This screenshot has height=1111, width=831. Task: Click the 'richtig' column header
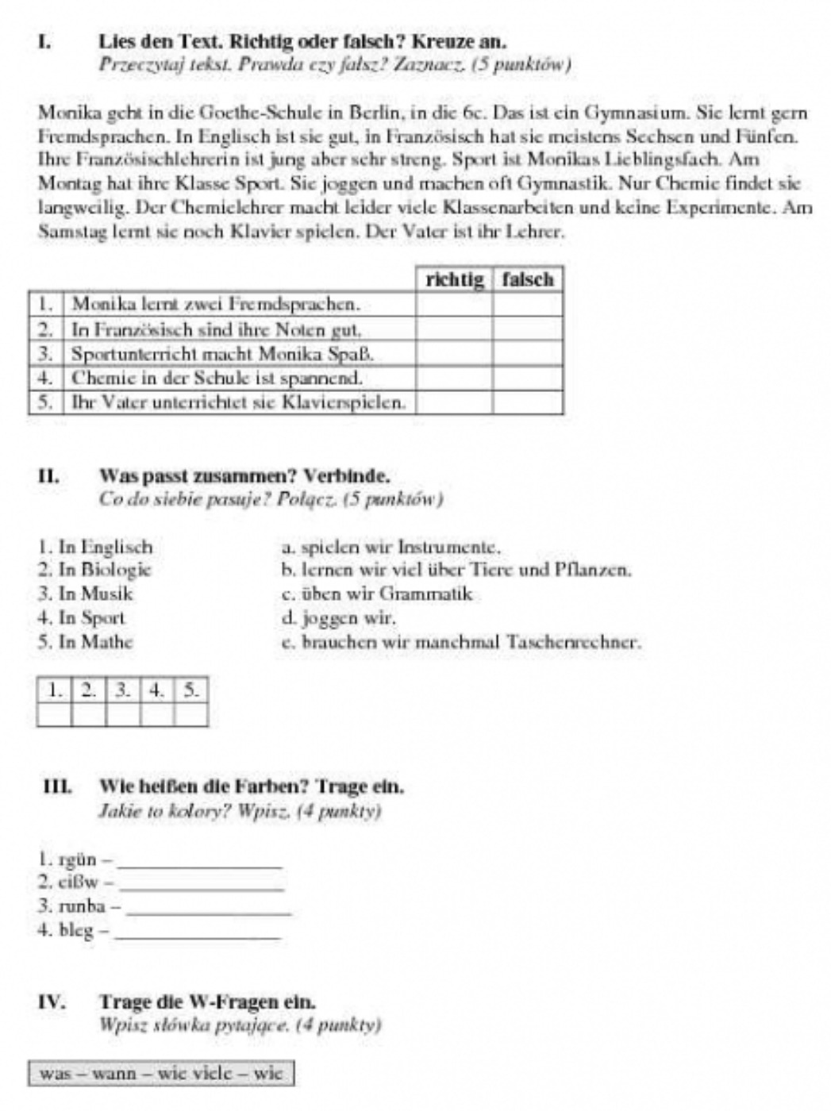pyautogui.click(x=454, y=280)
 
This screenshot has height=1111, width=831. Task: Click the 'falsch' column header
pyautogui.click(x=528, y=280)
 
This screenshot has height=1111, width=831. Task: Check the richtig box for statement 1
pyautogui.click(x=454, y=305)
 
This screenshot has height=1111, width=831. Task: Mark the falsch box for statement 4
pyautogui.click(x=528, y=378)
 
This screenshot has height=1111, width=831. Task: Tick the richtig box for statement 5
pyautogui.click(x=454, y=402)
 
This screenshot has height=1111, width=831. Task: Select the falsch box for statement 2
pyautogui.click(x=528, y=329)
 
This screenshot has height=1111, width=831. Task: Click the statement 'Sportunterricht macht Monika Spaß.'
pyautogui.click(x=222, y=353)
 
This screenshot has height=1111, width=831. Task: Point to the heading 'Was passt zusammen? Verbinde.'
pyautogui.click(x=244, y=477)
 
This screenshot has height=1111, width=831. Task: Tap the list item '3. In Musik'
pyautogui.click(x=86, y=594)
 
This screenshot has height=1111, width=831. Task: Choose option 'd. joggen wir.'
pyautogui.click(x=338, y=617)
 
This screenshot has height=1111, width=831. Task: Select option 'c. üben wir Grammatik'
pyautogui.click(x=377, y=594)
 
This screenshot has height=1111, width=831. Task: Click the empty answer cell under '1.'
pyautogui.click(x=55, y=715)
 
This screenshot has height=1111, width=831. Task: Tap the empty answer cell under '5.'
pyautogui.click(x=190, y=715)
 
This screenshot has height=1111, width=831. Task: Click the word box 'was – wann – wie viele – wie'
pyautogui.click(x=161, y=1074)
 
